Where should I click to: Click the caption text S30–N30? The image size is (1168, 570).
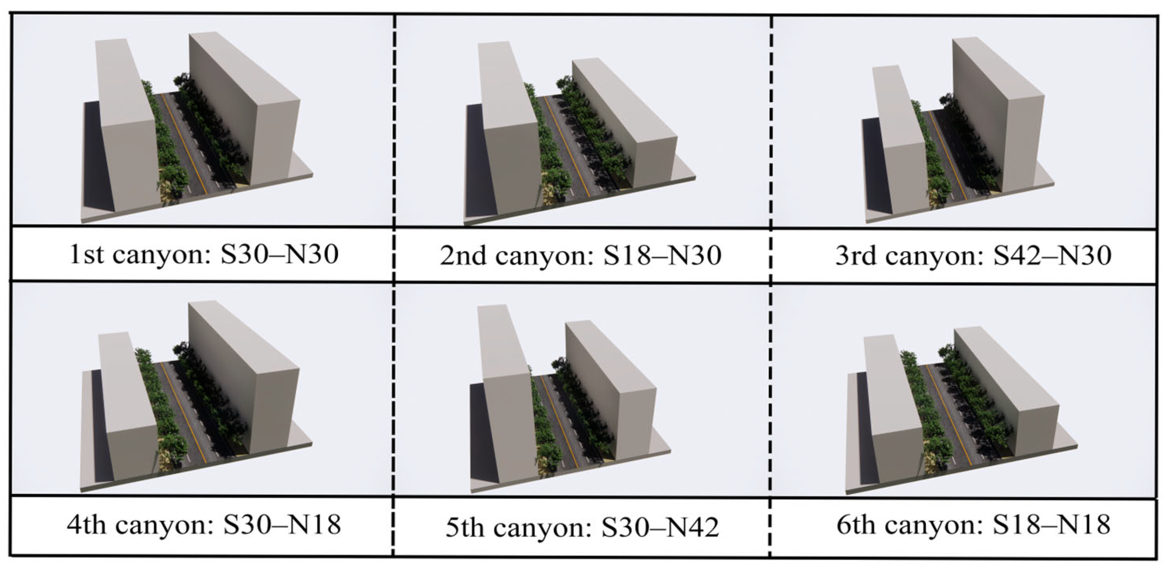point(279,255)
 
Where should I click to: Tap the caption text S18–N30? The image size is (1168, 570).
point(662,256)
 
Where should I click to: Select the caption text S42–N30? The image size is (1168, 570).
point(1052,255)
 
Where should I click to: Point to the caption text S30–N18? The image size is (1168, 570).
point(281,526)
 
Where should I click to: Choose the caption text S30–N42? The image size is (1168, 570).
point(660,528)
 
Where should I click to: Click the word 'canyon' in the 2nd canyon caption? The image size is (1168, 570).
point(540,256)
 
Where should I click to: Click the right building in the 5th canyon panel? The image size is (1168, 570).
point(612,385)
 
